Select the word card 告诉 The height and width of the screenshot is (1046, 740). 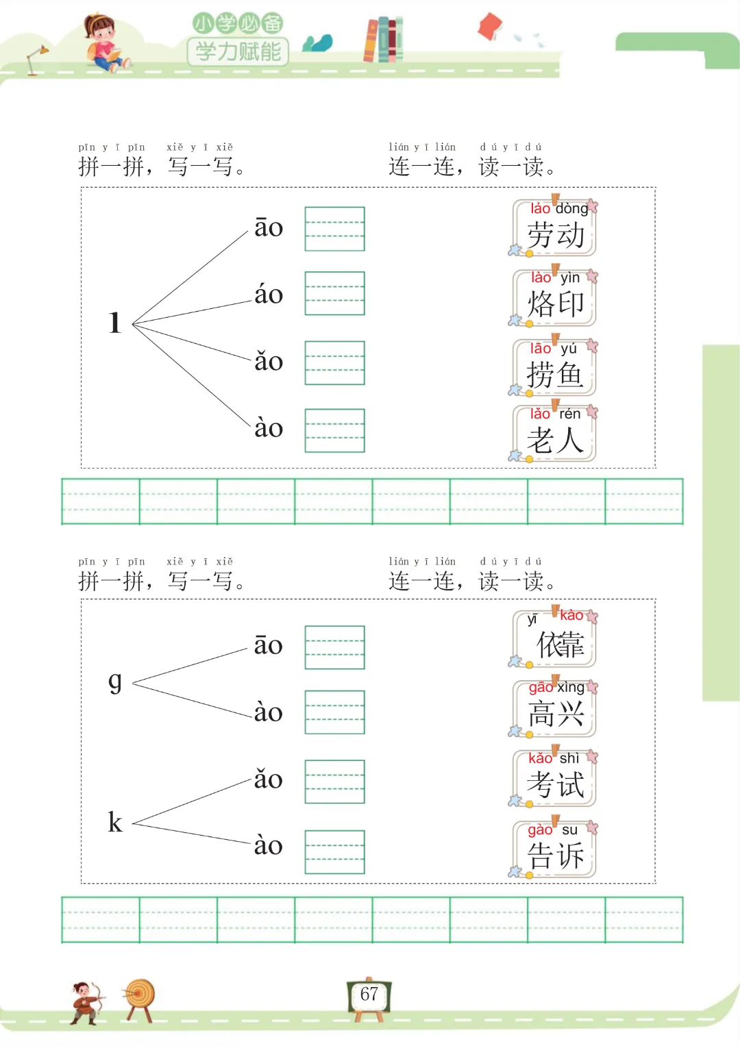pyautogui.click(x=555, y=850)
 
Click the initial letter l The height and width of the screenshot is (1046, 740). pyautogui.click(x=114, y=323)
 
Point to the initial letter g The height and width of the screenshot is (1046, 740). pyautogui.click(x=115, y=681)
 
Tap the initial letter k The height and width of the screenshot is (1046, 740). pyautogui.click(x=115, y=822)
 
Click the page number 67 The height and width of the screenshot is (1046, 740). pyautogui.click(x=369, y=995)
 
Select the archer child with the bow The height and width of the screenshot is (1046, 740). pyautogui.click(x=86, y=1004)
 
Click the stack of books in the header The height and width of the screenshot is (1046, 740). pyautogui.click(x=383, y=40)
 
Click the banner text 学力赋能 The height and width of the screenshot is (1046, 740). pyautogui.click(x=238, y=51)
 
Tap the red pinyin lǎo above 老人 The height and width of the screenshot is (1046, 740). pyautogui.click(x=540, y=414)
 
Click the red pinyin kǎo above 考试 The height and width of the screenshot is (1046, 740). pyautogui.click(x=540, y=758)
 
